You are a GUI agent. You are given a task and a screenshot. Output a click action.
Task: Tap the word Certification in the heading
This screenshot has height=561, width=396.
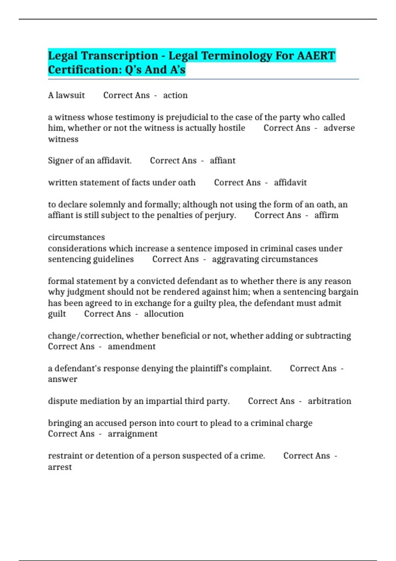[x=74, y=70]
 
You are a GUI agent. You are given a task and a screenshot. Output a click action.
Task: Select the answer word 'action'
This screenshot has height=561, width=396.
[x=175, y=95]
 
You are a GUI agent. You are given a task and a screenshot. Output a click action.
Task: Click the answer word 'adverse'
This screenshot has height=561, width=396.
[x=339, y=128]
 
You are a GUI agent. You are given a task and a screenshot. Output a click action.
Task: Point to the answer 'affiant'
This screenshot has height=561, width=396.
[x=222, y=161]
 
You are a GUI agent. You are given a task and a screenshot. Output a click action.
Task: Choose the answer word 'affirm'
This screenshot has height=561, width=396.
[x=326, y=215]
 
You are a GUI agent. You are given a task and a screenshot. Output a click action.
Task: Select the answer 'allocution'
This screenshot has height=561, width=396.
[x=164, y=314]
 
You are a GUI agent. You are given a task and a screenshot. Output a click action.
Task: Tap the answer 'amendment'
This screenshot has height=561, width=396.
[x=131, y=346]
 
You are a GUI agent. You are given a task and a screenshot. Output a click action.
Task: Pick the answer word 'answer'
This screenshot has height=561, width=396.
[x=62, y=379]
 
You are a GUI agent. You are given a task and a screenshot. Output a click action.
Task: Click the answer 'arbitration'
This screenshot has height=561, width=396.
[x=329, y=401]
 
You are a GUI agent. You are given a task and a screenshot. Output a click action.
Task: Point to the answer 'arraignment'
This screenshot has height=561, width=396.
[x=132, y=434]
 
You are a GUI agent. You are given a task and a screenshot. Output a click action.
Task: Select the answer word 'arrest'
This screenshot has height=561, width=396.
[x=60, y=467]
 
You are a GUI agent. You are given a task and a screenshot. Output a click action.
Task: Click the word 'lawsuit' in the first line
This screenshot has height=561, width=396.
[x=70, y=95]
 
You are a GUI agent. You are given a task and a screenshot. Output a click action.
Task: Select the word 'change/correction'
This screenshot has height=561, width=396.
[x=85, y=336]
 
